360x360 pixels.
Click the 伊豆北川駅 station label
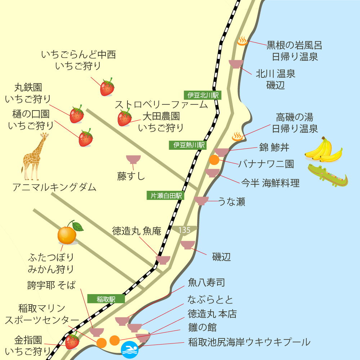(x=203, y=95)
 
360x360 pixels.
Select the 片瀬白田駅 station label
(x=166, y=195)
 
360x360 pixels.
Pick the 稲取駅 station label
(x=106, y=299)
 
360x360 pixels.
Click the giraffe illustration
(x=35, y=157)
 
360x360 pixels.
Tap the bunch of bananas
(x=323, y=149)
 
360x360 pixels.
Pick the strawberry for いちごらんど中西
(x=107, y=87)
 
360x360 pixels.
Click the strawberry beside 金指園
(x=72, y=341)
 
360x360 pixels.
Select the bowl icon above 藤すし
(x=133, y=159)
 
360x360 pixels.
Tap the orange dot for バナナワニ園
(x=214, y=159)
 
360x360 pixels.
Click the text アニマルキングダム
(x=54, y=187)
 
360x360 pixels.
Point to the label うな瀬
(x=232, y=202)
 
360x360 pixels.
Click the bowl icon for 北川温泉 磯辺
(x=236, y=64)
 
